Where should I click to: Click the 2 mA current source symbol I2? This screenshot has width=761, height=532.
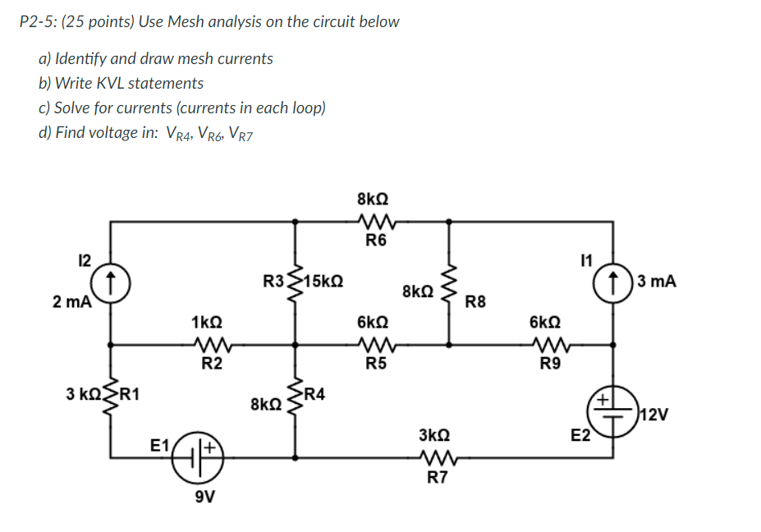[x=110, y=281]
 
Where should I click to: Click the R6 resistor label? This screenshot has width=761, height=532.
[x=376, y=241]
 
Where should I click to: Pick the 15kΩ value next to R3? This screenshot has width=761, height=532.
[x=323, y=281]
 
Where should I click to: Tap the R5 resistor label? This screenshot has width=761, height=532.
[x=376, y=365]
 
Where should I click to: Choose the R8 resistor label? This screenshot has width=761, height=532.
[x=475, y=303]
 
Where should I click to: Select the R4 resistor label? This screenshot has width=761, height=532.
[x=314, y=393]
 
